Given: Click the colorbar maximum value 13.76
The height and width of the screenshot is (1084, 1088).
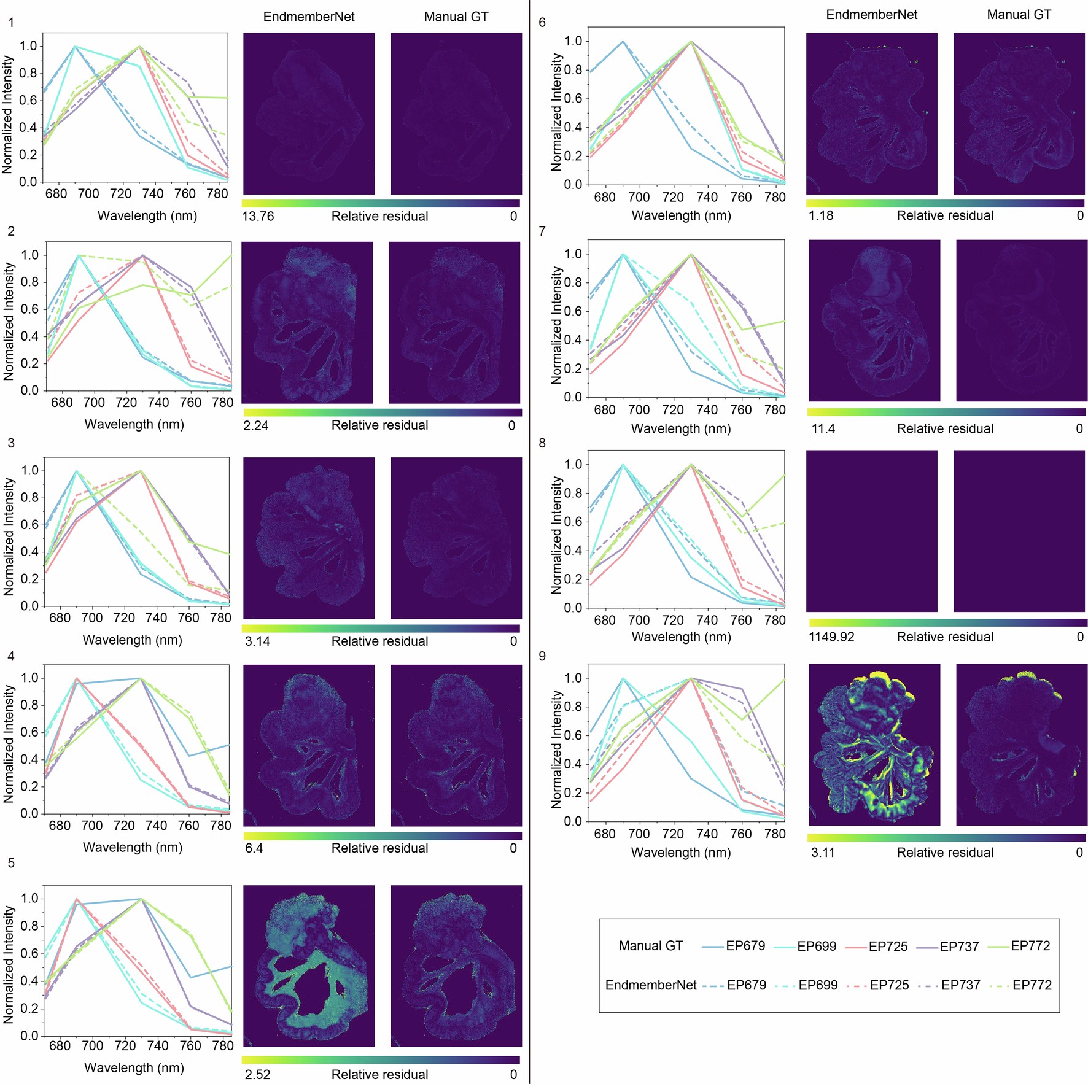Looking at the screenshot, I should point(258,216).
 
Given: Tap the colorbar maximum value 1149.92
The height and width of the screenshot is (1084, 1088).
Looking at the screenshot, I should point(831,637).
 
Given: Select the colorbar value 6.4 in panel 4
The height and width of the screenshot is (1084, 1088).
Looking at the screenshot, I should point(254,848).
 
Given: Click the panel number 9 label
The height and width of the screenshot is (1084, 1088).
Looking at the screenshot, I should point(542,656).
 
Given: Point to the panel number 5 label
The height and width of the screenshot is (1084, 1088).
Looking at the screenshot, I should point(11,863).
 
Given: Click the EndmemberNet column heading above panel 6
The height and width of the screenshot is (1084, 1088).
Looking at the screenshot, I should point(871,15).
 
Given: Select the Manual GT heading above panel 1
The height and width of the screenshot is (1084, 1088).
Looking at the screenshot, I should point(456,17).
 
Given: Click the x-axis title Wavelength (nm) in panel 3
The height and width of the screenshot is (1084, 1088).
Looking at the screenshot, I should point(133,640).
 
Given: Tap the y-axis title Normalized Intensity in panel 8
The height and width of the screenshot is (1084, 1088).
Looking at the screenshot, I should point(557,535).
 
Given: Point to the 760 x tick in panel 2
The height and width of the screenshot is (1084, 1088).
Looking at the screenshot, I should point(190,403).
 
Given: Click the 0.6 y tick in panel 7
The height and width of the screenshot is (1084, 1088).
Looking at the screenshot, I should point(574,311).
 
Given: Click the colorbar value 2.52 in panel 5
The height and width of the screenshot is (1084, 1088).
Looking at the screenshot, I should point(257,1074).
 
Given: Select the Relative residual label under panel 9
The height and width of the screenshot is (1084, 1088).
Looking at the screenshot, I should point(944,852).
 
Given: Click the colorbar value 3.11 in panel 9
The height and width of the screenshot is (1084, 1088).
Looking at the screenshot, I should point(822,852).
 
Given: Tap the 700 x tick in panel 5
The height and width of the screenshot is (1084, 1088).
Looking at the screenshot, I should point(92,1045).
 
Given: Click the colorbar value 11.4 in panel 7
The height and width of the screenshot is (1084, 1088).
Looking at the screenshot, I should point(823,428).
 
